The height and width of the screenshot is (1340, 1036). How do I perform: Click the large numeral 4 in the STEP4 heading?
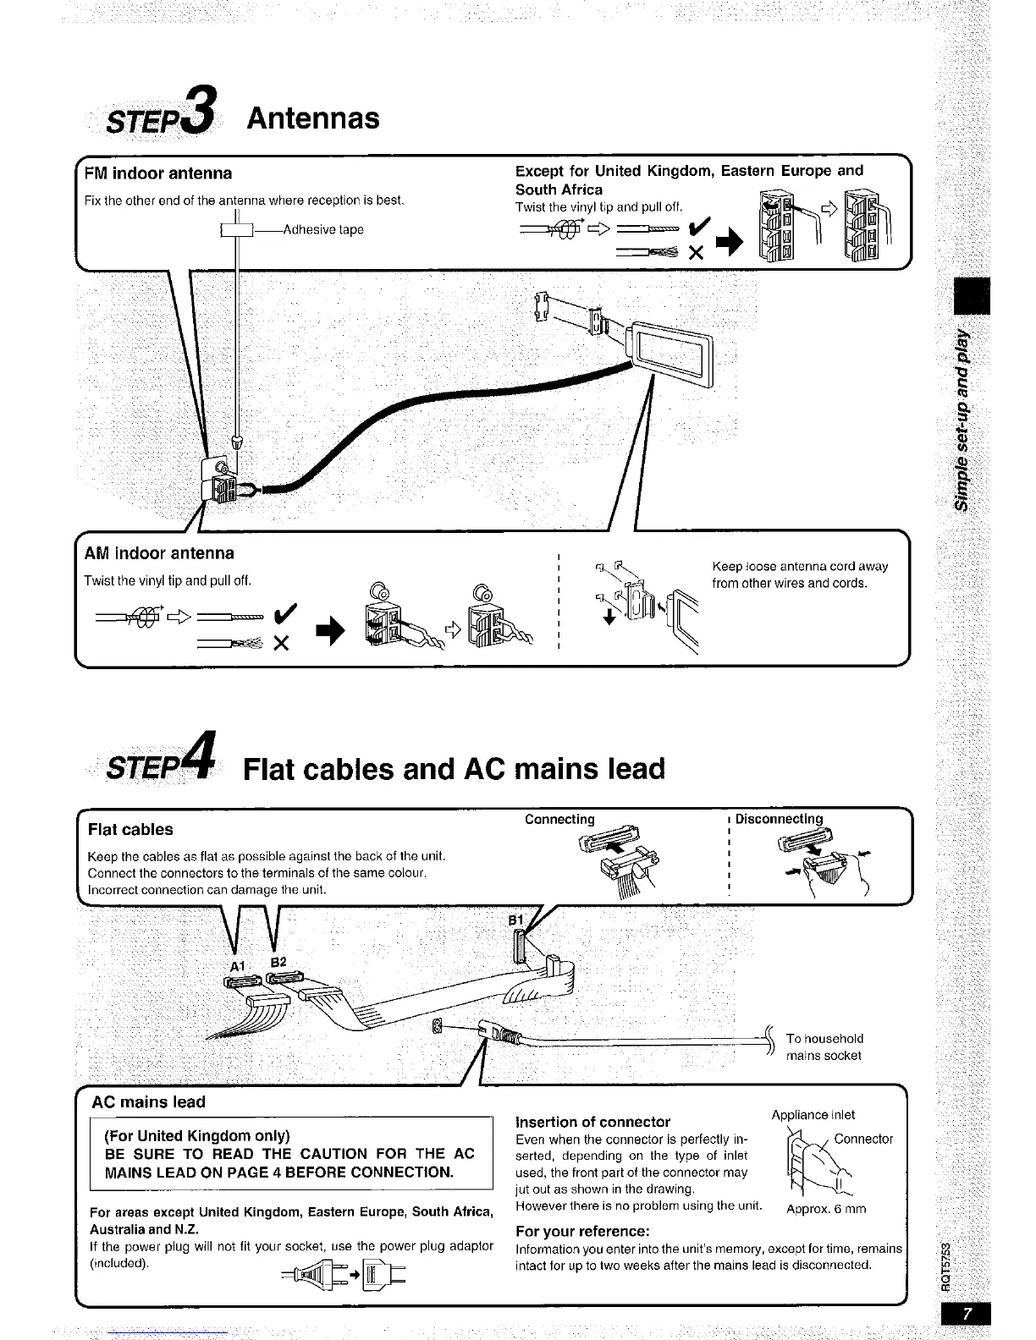203,755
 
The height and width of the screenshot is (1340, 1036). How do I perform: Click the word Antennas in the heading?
312,118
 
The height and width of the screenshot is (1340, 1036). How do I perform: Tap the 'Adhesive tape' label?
323,229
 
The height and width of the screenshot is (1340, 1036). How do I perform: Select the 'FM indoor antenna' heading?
157,173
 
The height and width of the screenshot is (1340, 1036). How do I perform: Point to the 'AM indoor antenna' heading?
159,553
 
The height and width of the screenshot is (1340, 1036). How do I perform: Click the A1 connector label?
237,966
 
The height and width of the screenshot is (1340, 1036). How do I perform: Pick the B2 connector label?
278,962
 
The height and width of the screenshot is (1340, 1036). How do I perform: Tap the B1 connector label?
515,920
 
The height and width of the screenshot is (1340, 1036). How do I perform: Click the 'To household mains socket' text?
824,1046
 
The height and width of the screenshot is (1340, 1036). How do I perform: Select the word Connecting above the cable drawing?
559,819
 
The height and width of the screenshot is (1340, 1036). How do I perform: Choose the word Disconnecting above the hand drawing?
779,819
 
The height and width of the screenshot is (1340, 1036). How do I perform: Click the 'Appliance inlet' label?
813,1115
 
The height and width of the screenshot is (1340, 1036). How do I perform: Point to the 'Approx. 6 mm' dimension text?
826,1209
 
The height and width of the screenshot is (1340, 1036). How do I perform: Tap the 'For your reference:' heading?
582,1231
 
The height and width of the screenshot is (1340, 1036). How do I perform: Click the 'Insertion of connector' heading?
592,1122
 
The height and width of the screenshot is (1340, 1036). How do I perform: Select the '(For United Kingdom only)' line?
197,1135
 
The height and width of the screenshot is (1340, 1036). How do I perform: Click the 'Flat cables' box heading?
130,830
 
